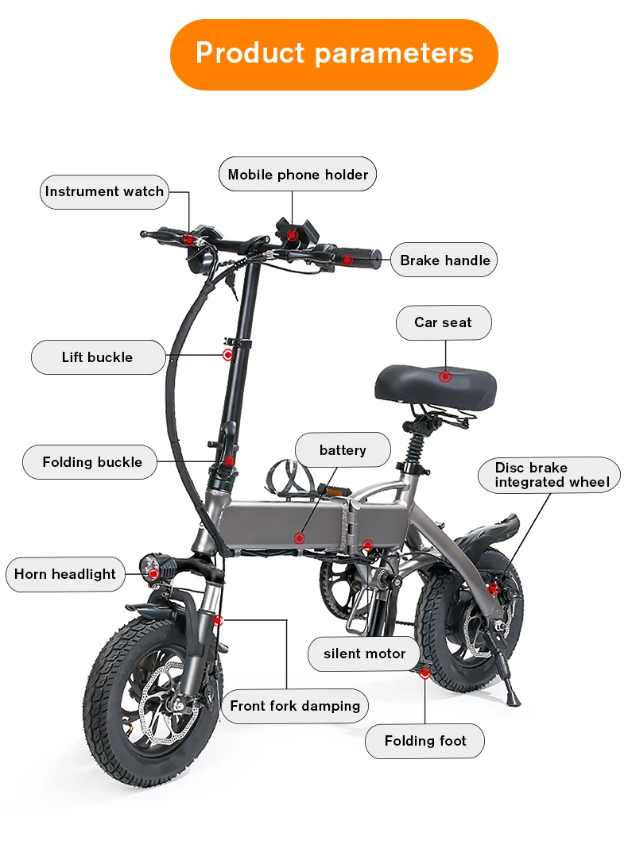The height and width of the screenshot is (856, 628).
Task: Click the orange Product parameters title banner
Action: (334, 54)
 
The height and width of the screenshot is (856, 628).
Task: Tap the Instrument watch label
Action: (104, 192)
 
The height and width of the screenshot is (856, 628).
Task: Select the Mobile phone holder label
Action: (298, 175)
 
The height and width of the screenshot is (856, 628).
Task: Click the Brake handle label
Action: (444, 260)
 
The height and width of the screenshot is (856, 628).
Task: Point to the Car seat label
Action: (443, 323)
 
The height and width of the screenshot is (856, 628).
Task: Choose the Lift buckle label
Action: (98, 357)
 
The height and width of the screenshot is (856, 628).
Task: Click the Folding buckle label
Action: (92, 462)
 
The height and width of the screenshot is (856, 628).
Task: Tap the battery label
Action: (343, 450)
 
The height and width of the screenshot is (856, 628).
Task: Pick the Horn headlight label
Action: (65, 574)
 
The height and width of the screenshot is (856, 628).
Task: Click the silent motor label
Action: (364, 654)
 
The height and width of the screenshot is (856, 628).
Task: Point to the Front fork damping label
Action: (295, 706)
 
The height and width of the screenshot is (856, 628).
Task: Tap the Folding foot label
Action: (425, 741)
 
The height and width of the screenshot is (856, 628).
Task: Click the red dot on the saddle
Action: (445, 376)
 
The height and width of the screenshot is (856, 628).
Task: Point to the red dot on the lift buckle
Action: (228, 355)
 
